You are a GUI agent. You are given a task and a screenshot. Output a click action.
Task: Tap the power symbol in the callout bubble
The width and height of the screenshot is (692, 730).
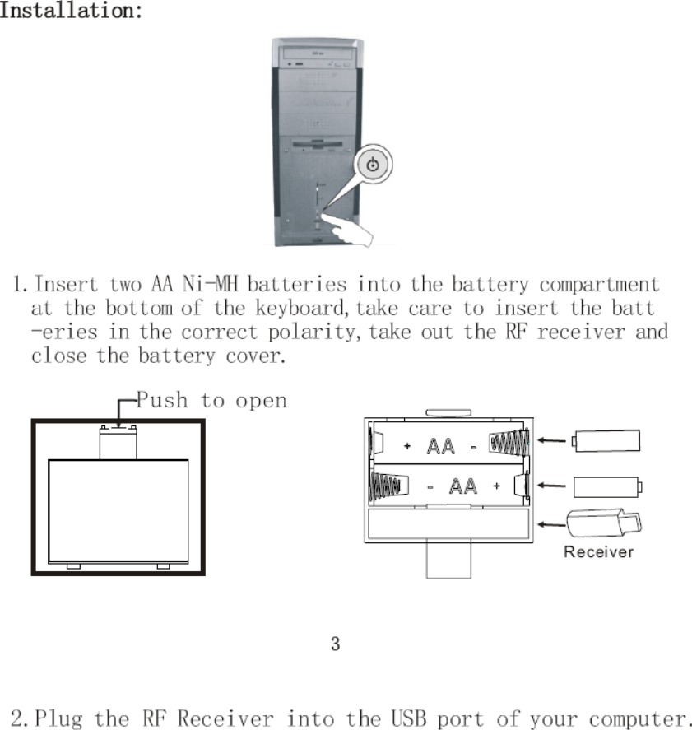373,165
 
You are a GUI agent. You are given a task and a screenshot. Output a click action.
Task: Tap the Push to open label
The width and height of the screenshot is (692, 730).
211,401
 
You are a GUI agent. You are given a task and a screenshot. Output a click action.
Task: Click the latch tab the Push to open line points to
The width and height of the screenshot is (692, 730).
118,428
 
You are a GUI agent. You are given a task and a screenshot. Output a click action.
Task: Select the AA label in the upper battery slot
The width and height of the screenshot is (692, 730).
441,447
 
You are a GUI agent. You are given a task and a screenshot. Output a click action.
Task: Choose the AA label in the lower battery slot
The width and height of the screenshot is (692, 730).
463,486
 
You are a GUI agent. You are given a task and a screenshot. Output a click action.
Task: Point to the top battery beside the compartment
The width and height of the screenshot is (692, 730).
606,440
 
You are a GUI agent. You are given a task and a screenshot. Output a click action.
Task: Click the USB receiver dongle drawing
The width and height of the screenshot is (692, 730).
605,523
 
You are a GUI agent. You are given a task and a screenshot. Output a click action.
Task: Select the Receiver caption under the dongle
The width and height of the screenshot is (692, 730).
598,552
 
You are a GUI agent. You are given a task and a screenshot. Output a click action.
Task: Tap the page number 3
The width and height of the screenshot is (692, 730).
335,644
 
